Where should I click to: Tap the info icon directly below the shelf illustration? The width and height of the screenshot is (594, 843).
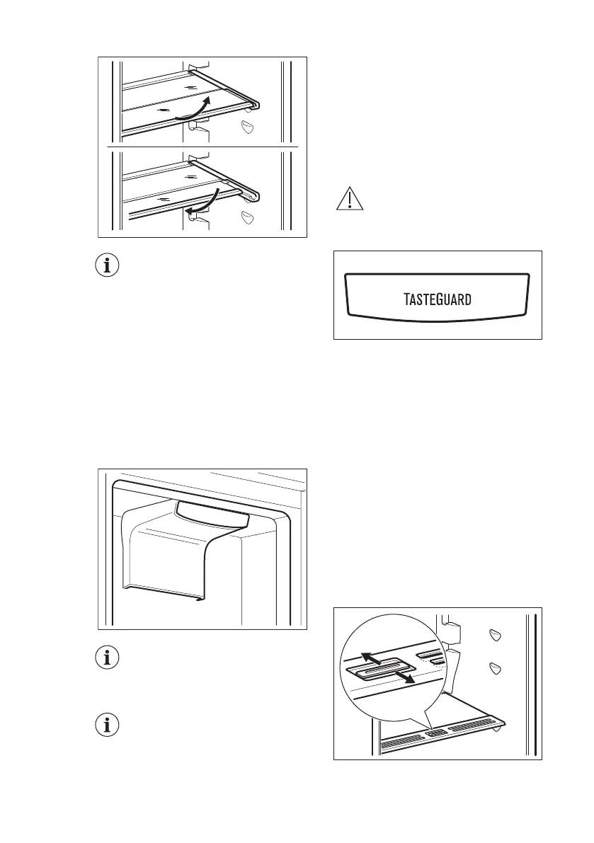point(108,267)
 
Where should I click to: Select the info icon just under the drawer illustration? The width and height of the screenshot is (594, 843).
point(108,657)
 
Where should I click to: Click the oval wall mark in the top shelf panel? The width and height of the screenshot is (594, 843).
point(248,127)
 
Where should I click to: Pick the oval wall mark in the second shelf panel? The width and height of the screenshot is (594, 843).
point(248,217)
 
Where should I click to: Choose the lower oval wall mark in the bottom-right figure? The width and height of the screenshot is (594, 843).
point(495,668)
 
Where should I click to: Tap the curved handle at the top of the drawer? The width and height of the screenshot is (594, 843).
point(212,514)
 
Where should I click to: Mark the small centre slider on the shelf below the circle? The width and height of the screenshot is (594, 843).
point(438,733)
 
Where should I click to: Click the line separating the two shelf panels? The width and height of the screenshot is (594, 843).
point(202,147)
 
